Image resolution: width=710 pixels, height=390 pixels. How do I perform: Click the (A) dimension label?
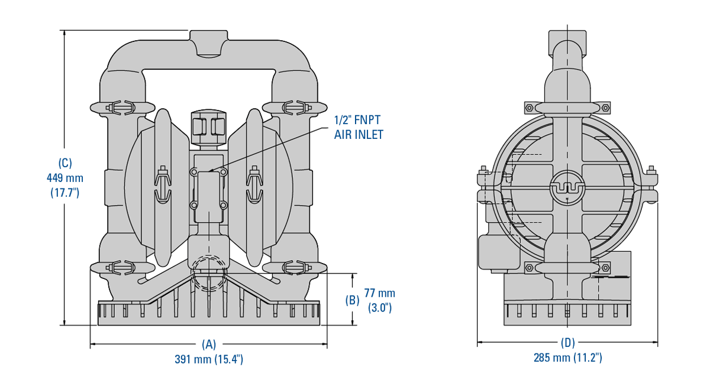[x=209, y=344]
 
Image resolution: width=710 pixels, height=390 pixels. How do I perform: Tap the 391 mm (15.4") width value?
[x=209, y=359]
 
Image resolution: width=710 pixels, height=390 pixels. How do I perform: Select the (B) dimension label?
[x=352, y=300]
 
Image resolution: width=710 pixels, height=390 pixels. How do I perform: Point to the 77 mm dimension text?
[x=379, y=293]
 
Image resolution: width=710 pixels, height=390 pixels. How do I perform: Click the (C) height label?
[x=64, y=162]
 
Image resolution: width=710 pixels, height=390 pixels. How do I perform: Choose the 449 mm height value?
[x=64, y=177]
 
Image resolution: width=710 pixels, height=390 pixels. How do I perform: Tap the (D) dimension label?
[x=567, y=342]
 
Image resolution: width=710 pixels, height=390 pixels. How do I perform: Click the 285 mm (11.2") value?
[x=567, y=357]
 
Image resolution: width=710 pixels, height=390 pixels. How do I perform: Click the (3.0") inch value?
[x=379, y=307]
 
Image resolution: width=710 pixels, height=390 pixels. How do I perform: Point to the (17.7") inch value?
[x=64, y=192]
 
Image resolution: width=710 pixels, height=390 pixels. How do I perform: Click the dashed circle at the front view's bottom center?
[x=208, y=273]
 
